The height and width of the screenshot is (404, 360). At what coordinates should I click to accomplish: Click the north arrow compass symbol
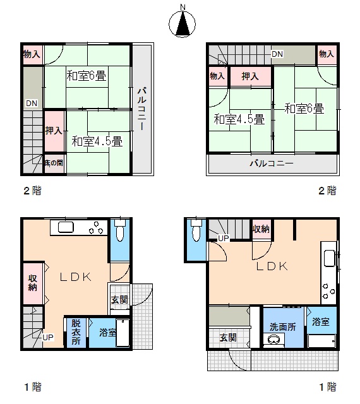tap(182, 24)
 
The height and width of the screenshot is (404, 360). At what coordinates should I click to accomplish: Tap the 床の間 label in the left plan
tap(54, 163)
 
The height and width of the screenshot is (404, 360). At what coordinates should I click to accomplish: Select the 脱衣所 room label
tap(76, 332)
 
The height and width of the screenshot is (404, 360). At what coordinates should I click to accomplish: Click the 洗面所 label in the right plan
tap(283, 327)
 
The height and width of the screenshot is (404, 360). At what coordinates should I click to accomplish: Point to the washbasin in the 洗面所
tap(274, 340)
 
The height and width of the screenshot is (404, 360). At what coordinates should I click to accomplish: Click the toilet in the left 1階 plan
tap(120, 230)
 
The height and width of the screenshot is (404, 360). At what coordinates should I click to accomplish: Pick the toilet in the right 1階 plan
tap(196, 230)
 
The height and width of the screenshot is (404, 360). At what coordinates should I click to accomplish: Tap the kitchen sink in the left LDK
tap(66, 227)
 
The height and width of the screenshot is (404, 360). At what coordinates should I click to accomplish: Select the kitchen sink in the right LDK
tap(329, 258)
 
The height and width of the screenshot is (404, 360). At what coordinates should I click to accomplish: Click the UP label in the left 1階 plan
tap(48, 337)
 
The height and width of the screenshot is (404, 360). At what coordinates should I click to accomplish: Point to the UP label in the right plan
tap(224, 239)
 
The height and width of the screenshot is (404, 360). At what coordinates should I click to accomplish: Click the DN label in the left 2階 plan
tap(32, 104)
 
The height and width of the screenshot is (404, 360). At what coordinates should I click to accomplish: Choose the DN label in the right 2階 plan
tap(277, 54)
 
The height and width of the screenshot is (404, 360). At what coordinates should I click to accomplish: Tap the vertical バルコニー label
tap(142, 109)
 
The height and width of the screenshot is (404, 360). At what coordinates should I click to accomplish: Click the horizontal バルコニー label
tap(272, 163)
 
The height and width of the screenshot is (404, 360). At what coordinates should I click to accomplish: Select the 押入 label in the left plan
tap(54, 131)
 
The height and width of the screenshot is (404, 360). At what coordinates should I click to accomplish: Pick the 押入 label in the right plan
tap(250, 76)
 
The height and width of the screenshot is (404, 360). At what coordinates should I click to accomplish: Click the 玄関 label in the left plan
tap(119, 300)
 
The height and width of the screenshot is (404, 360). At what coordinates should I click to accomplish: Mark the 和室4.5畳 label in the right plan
tap(239, 119)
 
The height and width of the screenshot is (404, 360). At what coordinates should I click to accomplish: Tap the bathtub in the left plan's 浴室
tap(123, 333)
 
